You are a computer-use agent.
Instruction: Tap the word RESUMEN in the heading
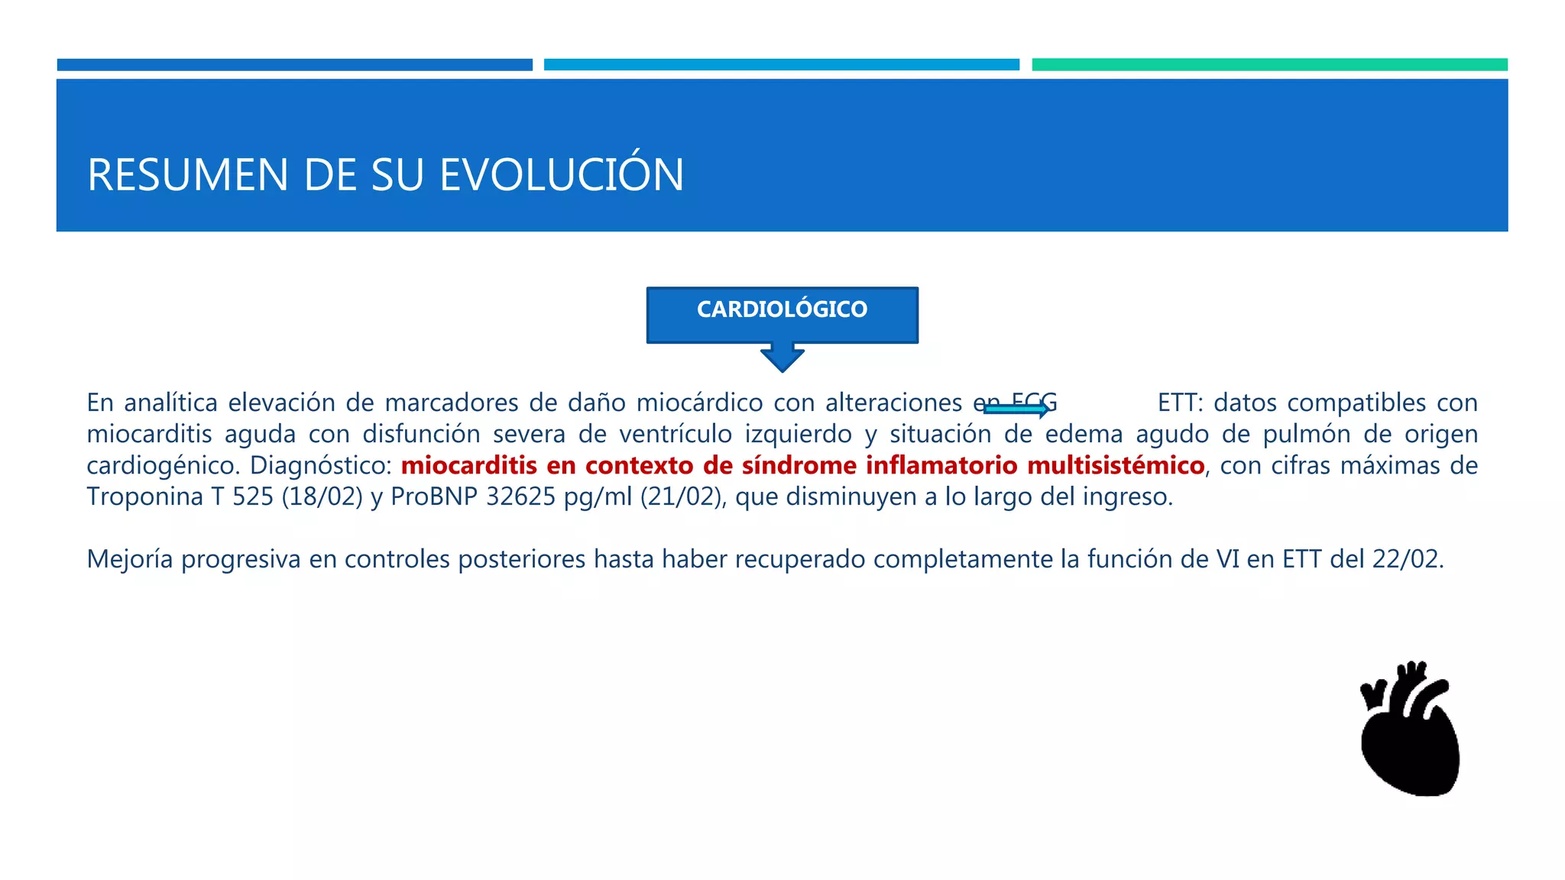tap(187, 175)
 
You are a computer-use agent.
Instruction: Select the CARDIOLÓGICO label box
tap(782, 313)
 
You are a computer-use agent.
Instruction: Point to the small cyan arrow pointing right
tap(1016, 410)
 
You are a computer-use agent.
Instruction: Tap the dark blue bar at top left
tap(294, 65)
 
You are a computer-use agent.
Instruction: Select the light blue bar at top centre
tap(781, 65)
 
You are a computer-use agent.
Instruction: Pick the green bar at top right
tap(1269, 65)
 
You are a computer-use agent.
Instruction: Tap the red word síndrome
tap(799, 465)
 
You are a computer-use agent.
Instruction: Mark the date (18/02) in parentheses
tap(322, 497)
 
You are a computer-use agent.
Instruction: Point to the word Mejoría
tap(130, 559)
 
